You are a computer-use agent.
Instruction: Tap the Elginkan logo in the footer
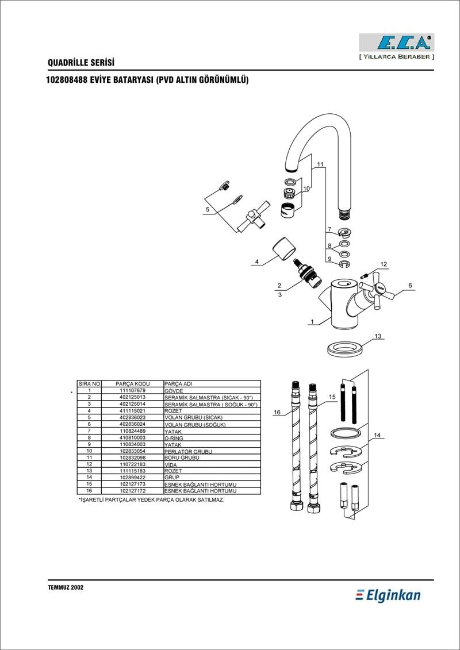[388, 595]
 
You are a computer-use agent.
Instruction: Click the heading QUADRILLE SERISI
[81, 63]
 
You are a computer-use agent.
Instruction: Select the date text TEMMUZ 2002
[66, 587]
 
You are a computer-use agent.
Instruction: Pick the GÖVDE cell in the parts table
[174, 391]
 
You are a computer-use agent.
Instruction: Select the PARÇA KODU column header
[132, 384]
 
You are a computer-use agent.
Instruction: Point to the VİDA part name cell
[170, 465]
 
